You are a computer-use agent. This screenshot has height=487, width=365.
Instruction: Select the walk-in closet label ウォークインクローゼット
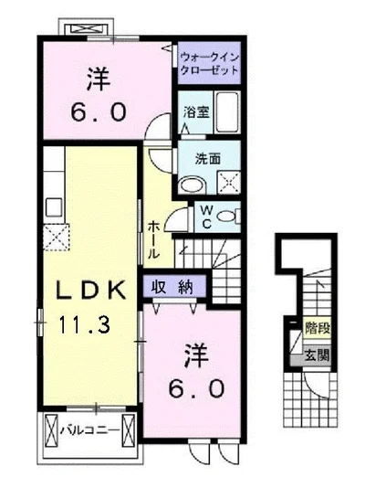pos(210,62)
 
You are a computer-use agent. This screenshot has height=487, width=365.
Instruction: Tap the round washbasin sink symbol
pos(192,184)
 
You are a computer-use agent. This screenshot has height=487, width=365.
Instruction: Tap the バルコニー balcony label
pos(88,427)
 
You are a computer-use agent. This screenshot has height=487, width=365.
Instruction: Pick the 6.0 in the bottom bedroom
pos(194,387)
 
